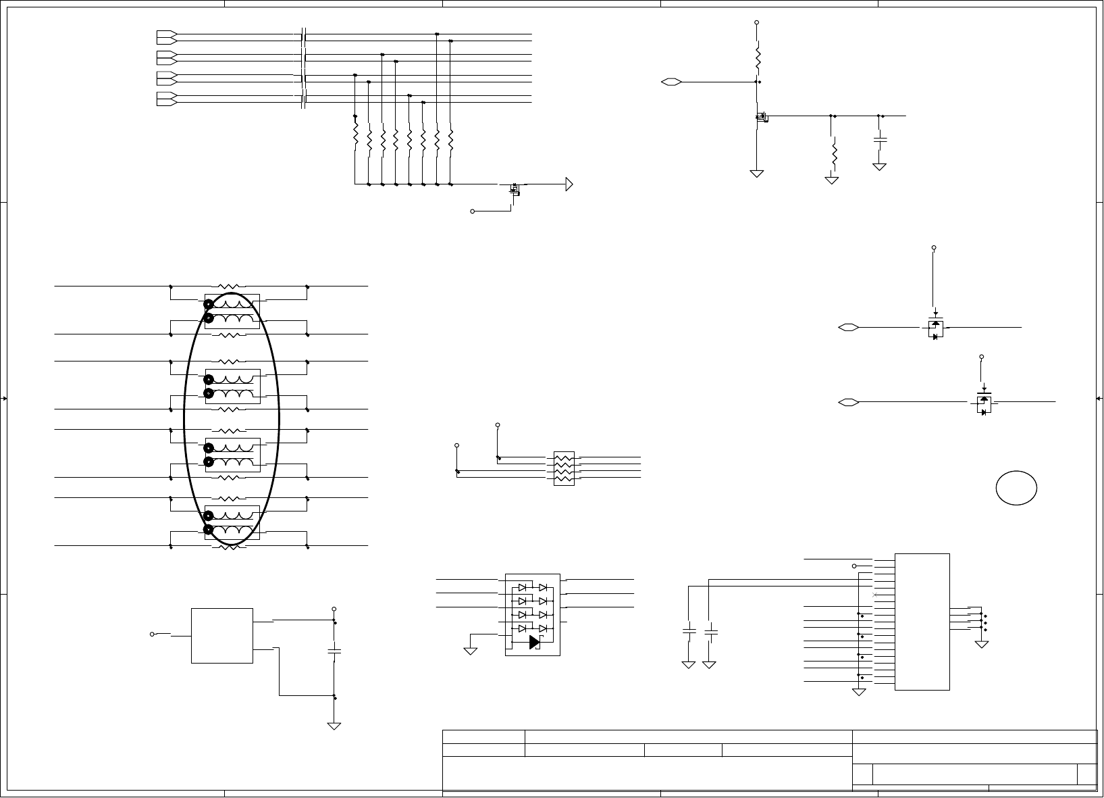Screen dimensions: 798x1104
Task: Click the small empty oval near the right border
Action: (x=1016, y=488)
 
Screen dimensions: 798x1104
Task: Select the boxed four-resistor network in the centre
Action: (x=563, y=468)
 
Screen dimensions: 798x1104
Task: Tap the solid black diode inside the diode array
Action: (x=535, y=641)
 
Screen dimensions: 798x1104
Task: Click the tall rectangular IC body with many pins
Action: (x=922, y=622)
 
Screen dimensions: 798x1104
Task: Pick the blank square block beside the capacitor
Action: (x=222, y=635)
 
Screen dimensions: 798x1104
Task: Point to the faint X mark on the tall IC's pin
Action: (x=875, y=595)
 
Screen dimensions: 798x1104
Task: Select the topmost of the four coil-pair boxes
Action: (x=232, y=311)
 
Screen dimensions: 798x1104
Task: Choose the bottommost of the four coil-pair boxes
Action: (x=232, y=522)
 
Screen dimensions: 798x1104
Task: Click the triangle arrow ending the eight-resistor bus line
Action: (x=570, y=184)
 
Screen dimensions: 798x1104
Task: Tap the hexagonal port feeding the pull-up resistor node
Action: (x=671, y=82)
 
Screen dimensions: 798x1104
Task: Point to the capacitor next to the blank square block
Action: (x=334, y=651)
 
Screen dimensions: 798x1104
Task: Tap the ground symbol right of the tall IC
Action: (x=982, y=644)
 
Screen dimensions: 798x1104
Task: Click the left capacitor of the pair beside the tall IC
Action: (x=689, y=631)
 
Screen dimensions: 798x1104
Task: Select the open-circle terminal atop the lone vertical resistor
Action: (x=757, y=22)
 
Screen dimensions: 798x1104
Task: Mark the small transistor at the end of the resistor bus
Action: (x=516, y=188)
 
